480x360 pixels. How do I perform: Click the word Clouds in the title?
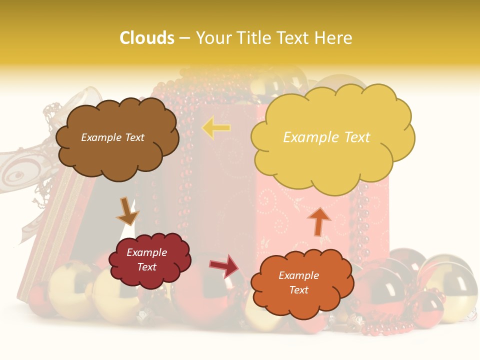[x=147, y=38]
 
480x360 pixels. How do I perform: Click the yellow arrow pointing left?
[x=216, y=128]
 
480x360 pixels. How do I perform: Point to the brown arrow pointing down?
[x=127, y=211]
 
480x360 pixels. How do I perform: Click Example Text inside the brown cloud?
[x=112, y=137]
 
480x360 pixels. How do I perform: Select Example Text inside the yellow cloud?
[x=326, y=137]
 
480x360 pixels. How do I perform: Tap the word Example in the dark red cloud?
[x=146, y=252]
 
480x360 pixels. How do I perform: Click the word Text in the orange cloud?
[x=298, y=290]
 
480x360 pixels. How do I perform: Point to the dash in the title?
[x=184, y=38]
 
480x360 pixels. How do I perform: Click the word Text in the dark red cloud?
[x=147, y=267]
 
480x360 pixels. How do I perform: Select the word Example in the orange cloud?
[x=298, y=275]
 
